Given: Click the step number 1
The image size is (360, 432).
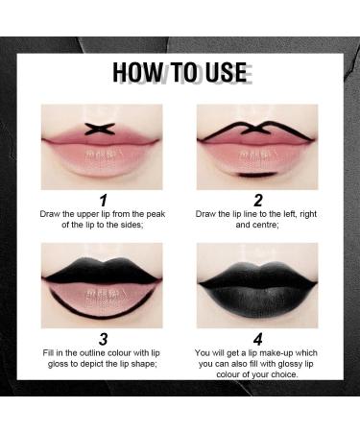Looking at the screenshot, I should pos(102,201).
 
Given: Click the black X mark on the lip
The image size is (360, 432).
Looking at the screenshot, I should pos(102,128).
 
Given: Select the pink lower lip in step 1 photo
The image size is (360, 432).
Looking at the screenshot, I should pos(102,153).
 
